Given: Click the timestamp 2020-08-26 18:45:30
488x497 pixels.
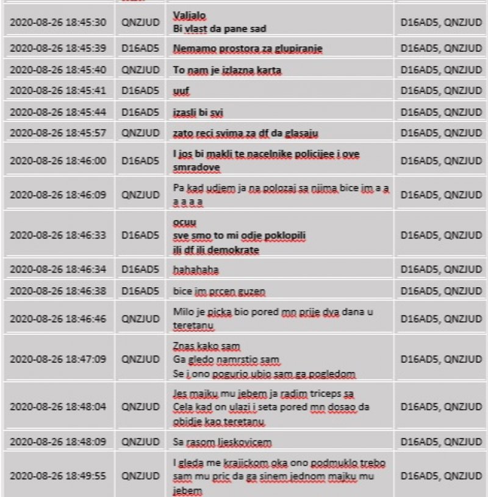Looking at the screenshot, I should pos(59,22).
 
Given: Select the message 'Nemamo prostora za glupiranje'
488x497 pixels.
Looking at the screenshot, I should pos(247,49).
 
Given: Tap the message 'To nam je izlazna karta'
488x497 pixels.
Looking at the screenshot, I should pos(227,70).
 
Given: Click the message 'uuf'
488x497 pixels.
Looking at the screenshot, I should pos(181,91).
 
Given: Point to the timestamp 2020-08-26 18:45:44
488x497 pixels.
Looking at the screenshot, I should pos(59,112).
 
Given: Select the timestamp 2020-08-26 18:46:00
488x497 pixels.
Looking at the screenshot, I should pos(59,160).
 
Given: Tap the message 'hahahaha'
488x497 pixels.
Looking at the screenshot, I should pos(195,269).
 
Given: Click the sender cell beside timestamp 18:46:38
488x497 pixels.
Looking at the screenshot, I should pos(140,290).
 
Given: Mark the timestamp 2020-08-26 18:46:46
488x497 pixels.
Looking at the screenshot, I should pos(59,318).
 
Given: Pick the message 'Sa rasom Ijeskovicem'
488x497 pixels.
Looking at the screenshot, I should pos(222,441).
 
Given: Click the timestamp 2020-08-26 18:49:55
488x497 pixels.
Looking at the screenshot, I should pos(59,474).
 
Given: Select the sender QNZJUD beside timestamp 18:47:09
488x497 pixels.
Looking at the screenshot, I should pos(140,359).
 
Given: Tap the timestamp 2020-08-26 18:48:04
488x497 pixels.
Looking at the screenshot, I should pos(59,406).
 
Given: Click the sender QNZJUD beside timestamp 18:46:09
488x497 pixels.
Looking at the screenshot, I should pos(140,195).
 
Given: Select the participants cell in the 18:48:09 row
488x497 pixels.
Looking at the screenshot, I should pos(441,441).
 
